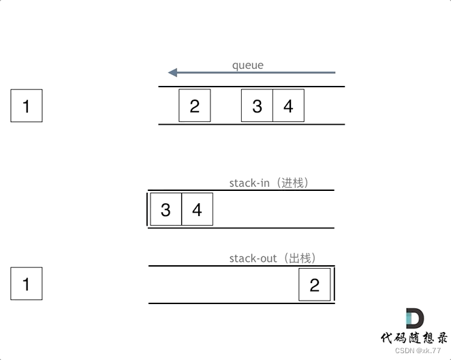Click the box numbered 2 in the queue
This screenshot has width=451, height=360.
click(x=195, y=106)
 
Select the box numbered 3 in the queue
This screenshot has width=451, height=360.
click(x=257, y=106)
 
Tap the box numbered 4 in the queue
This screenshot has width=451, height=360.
click(x=288, y=106)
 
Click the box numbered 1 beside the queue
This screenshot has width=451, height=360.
click(x=27, y=106)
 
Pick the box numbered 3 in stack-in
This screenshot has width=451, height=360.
click(x=166, y=209)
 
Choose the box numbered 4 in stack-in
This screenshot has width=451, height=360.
click(x=197, y=209)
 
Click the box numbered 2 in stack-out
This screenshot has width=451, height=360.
click(x=314, y=284)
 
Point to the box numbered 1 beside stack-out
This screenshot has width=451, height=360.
click(x=27, y=284)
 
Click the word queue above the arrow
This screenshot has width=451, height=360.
click(x=247, y=65)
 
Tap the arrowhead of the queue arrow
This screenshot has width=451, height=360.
click(x=173, y=72)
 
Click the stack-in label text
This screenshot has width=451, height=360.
click(x=250, y=183)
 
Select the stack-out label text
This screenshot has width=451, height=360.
click(x=253, y=258)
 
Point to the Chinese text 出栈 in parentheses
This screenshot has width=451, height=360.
click(x=300, y=258)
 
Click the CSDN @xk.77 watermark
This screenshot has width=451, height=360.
click(x=418, y=350)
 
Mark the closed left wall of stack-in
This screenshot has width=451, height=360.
click(x=147, y=209)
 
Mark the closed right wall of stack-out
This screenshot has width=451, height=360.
click(x=334, y=284)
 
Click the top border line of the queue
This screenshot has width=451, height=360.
click(x=252, y=87)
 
